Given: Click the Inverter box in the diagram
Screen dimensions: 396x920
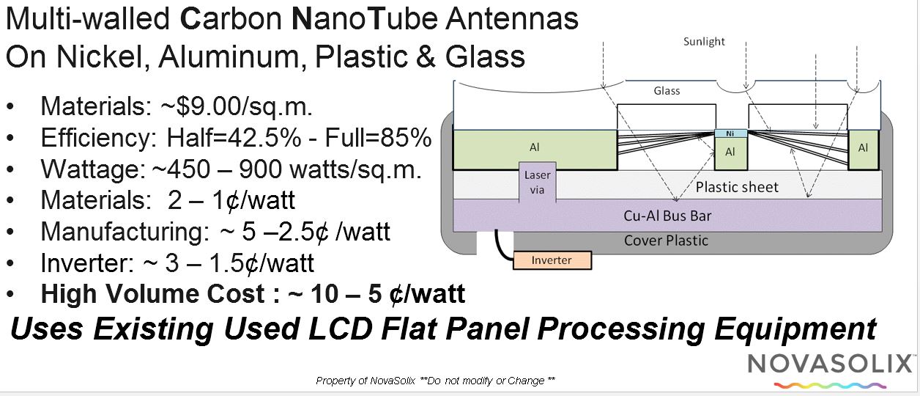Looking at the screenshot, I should (552, 260).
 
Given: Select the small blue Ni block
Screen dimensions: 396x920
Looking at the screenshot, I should (730, 133).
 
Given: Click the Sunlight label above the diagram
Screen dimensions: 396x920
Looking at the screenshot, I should (704, 42).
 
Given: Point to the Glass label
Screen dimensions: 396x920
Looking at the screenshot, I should (667, 91).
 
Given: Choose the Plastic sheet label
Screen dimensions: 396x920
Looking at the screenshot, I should (738, 187).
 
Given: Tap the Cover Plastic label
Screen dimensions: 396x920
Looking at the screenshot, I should (666, 240).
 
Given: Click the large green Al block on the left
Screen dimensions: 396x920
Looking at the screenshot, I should (535, 148).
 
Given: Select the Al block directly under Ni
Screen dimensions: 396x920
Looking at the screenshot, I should (730, 153).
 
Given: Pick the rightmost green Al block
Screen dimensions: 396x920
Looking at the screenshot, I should (864, 148).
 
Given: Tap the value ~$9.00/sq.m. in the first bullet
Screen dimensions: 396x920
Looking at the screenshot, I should (237, 107).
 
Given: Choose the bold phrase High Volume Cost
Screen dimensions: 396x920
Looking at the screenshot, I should (152, 294).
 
